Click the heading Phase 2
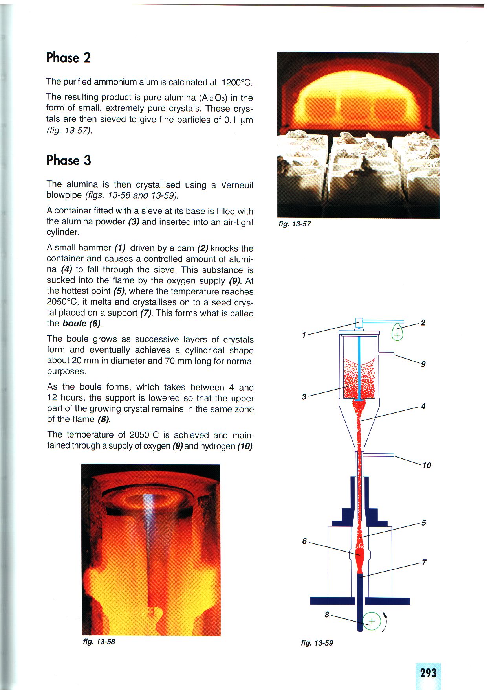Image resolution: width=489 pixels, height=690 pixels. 68,58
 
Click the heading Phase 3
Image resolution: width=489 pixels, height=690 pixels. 69,160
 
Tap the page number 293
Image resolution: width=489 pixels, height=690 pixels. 428,673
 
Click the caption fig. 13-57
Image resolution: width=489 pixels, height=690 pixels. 295,224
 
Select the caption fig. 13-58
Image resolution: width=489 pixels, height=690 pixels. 99,642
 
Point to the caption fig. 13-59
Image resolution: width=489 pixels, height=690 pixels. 317,643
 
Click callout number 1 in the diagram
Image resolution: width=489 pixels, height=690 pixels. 304,335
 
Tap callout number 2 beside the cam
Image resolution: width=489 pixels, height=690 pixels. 423,323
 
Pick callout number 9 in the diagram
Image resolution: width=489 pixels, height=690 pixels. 423,364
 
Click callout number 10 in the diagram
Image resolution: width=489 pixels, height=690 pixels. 427,466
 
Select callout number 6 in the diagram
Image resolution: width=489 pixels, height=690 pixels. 304,541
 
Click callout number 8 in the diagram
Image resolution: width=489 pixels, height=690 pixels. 327,615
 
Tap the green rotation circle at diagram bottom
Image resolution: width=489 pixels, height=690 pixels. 372,622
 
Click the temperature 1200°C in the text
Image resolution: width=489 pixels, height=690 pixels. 236,82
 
